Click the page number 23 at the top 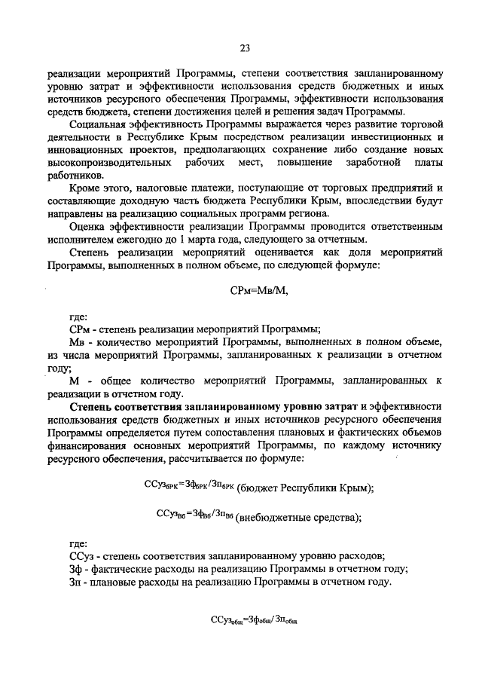pyautogui.click(x=245, y=48)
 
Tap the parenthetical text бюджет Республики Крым pyautogui.click(x=305, y=488)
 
